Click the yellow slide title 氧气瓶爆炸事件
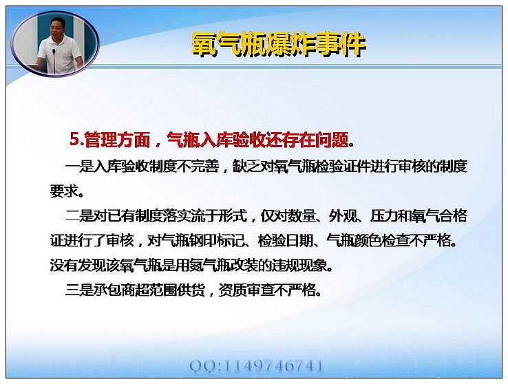point(278,44)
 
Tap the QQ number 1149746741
point(273,366)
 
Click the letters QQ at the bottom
point(203,366)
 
